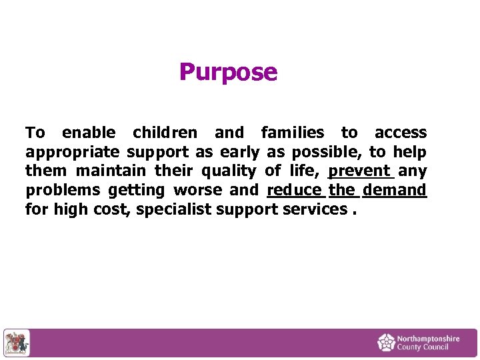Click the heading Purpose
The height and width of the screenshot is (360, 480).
228,72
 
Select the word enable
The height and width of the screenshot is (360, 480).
89,133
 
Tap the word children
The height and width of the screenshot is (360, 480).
165,133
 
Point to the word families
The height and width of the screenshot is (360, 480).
293,133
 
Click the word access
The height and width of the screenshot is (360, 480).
401,133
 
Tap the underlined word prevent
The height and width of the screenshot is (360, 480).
361,171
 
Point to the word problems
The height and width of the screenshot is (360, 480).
63,191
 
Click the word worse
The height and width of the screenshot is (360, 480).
198,190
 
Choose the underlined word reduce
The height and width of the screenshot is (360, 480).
294,190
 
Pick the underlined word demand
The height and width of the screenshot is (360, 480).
395,190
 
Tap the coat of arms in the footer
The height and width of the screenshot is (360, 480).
17,343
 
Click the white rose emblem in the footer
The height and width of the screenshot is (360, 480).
386,343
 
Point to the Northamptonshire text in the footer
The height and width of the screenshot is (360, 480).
428,339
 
